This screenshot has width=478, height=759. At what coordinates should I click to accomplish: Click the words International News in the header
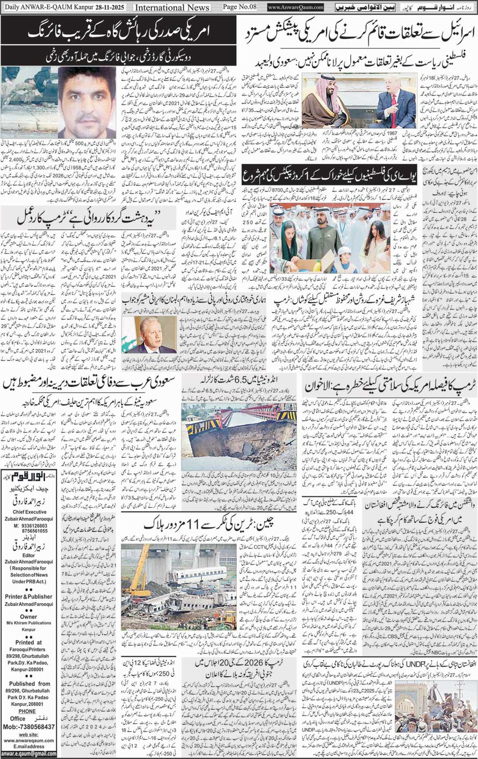pyautogui.click(x=171, y=8)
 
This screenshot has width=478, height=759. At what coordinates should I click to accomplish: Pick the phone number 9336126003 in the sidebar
pyautogui.click(x=27, y=541)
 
